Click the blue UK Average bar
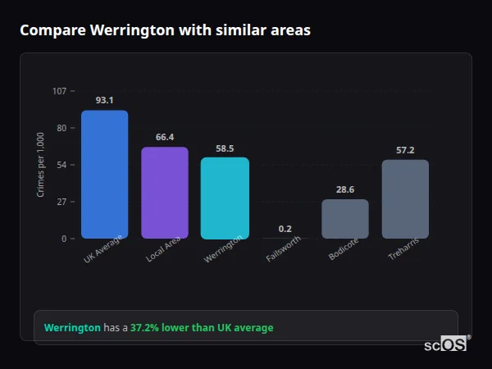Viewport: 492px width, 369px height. (x=104, y=174)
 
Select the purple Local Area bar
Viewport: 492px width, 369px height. (x=165, y=193)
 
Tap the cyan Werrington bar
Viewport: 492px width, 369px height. (x=225, y=198)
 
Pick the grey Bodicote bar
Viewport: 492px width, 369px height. (x=344, y=219)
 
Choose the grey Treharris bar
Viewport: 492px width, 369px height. (x=405, y=199)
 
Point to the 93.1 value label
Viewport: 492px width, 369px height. (x=104, y=100)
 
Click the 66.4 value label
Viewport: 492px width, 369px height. (x=165, y=137)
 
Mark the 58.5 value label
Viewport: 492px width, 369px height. (x=225, y=148)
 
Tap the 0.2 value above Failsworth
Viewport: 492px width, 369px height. (x=285, y=229)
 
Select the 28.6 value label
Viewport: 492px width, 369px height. (x=344, y=189)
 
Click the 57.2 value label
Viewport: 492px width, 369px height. (x=405, y=150)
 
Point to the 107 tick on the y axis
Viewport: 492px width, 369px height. (x=59, y=91)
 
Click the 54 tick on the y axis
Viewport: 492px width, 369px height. (x=61, y=165)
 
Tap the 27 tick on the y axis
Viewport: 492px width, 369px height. (x=61, y=202)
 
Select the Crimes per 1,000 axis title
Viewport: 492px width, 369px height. (x=41, y=165)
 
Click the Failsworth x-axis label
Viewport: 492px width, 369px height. (x=284, y=249)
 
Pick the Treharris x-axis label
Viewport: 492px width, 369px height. (x=404, y=249)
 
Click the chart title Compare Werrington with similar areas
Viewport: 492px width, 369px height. (x=165, y=30)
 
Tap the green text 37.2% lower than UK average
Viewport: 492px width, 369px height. (x=202, y=327)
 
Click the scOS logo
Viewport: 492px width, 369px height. (x=445, y=345)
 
